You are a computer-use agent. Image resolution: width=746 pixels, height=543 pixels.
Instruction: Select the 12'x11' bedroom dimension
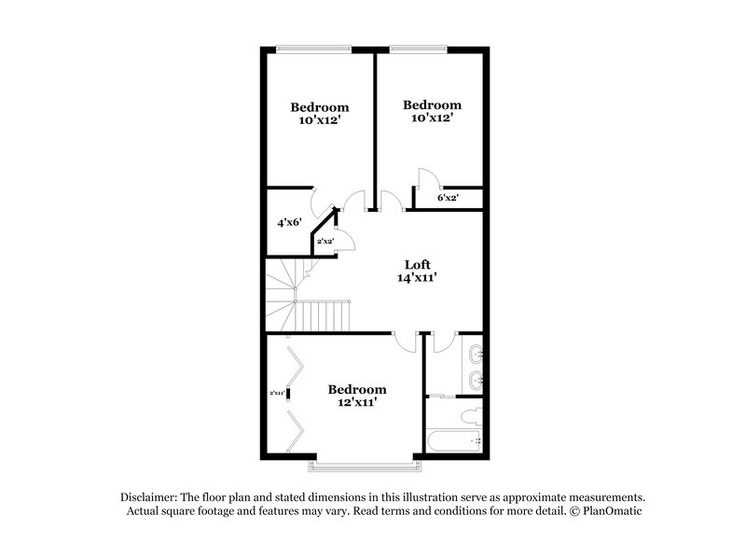click(x=356, y=403)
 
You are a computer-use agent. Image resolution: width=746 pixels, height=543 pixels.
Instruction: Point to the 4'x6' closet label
click(x=288, y=223)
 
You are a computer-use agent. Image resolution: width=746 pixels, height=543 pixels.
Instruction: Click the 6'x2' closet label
click(x=448, y=198)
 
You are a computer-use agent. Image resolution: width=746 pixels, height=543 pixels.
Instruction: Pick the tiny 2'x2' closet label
click(x=325, y=242)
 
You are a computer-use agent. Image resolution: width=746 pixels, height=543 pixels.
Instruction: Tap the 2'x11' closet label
click(x=277, y=393)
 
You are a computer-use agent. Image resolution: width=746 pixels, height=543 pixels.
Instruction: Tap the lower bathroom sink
click(x=477, y=379)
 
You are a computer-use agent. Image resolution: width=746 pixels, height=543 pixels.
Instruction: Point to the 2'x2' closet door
click(x=343, y=241)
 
